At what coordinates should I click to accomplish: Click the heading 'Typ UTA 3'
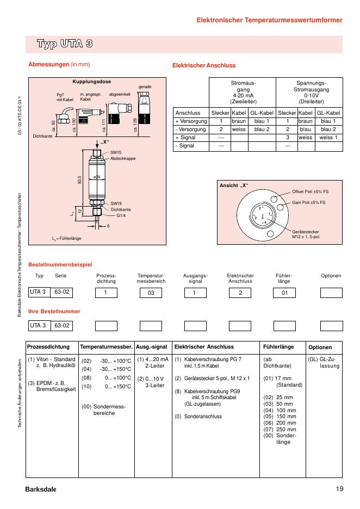64,44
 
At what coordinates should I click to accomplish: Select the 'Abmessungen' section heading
49,65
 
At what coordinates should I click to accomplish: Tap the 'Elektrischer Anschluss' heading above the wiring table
204,65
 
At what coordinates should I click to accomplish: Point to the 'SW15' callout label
116,153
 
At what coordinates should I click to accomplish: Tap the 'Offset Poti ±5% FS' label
311,191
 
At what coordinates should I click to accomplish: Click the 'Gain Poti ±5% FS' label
308,202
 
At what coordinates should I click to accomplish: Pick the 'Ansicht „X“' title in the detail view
233,185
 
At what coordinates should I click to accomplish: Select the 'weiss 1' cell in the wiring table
328,138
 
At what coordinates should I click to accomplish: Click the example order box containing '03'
151,293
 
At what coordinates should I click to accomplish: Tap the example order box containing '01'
283,293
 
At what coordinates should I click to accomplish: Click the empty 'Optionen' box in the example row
331,293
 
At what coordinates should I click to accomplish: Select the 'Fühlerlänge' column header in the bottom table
278,346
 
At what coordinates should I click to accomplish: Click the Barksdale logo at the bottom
40,488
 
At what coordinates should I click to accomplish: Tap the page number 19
339,488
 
